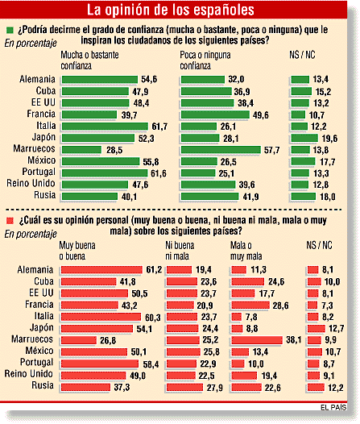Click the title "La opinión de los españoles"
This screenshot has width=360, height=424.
pyautogui.click(x=171, y=10)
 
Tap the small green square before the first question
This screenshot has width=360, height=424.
pyautogui.click(x=10, y=30)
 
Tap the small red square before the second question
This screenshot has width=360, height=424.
pyautogui.click(x=10, y=221)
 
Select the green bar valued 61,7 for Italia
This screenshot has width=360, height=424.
pyautogui.click(x=105, y=127)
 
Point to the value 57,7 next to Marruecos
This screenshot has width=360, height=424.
pyautogui.click(x=271, y=150)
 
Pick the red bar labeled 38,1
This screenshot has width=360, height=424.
pyautogui.click(x=257, y=340)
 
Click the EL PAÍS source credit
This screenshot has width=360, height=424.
pyautogui.click(x=333, y=407)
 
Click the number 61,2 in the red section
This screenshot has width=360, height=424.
pyautogui.click(x=154, y=269)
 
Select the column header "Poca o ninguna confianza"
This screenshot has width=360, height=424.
pyautogui.click(x=205, y=60)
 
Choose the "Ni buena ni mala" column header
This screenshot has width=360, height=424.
pyautogui.click(x=180, y=251)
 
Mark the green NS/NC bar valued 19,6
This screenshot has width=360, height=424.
pyautogui.click(x=304, y=138)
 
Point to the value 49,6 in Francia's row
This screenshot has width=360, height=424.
pyautogui.click(x=261, y=115)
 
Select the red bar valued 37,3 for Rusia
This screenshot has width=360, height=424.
pyautogui.click(x=85, y=387)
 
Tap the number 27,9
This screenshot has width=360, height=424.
pyautogui.click(x=215, y=388)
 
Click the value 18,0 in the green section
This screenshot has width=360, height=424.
pyautogui.click(x=328, y=197)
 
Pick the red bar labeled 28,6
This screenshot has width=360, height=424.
pyautogui.click(x=250, y=305)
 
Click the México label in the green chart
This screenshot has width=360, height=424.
pyautogui.click(x=42, y=160)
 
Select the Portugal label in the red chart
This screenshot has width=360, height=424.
pyautogui.click(x=37, y=363)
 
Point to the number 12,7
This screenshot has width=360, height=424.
pyautogui.click(x=336, y=329)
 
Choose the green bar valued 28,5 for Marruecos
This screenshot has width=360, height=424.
pyautogui.click(x=81, y=150)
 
